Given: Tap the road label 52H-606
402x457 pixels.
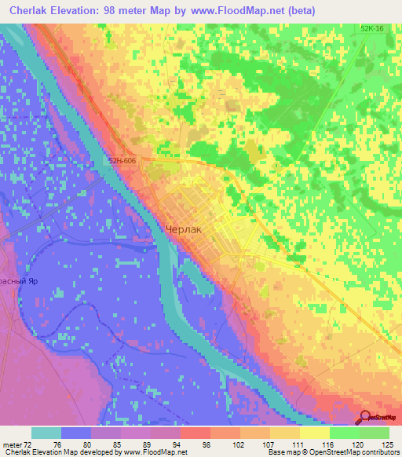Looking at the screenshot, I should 126,159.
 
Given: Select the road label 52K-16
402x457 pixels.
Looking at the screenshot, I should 373,29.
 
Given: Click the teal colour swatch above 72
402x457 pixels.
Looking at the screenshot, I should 46,433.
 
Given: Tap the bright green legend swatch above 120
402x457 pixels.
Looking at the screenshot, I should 345,433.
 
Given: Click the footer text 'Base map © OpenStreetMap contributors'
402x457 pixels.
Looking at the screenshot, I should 333,452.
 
